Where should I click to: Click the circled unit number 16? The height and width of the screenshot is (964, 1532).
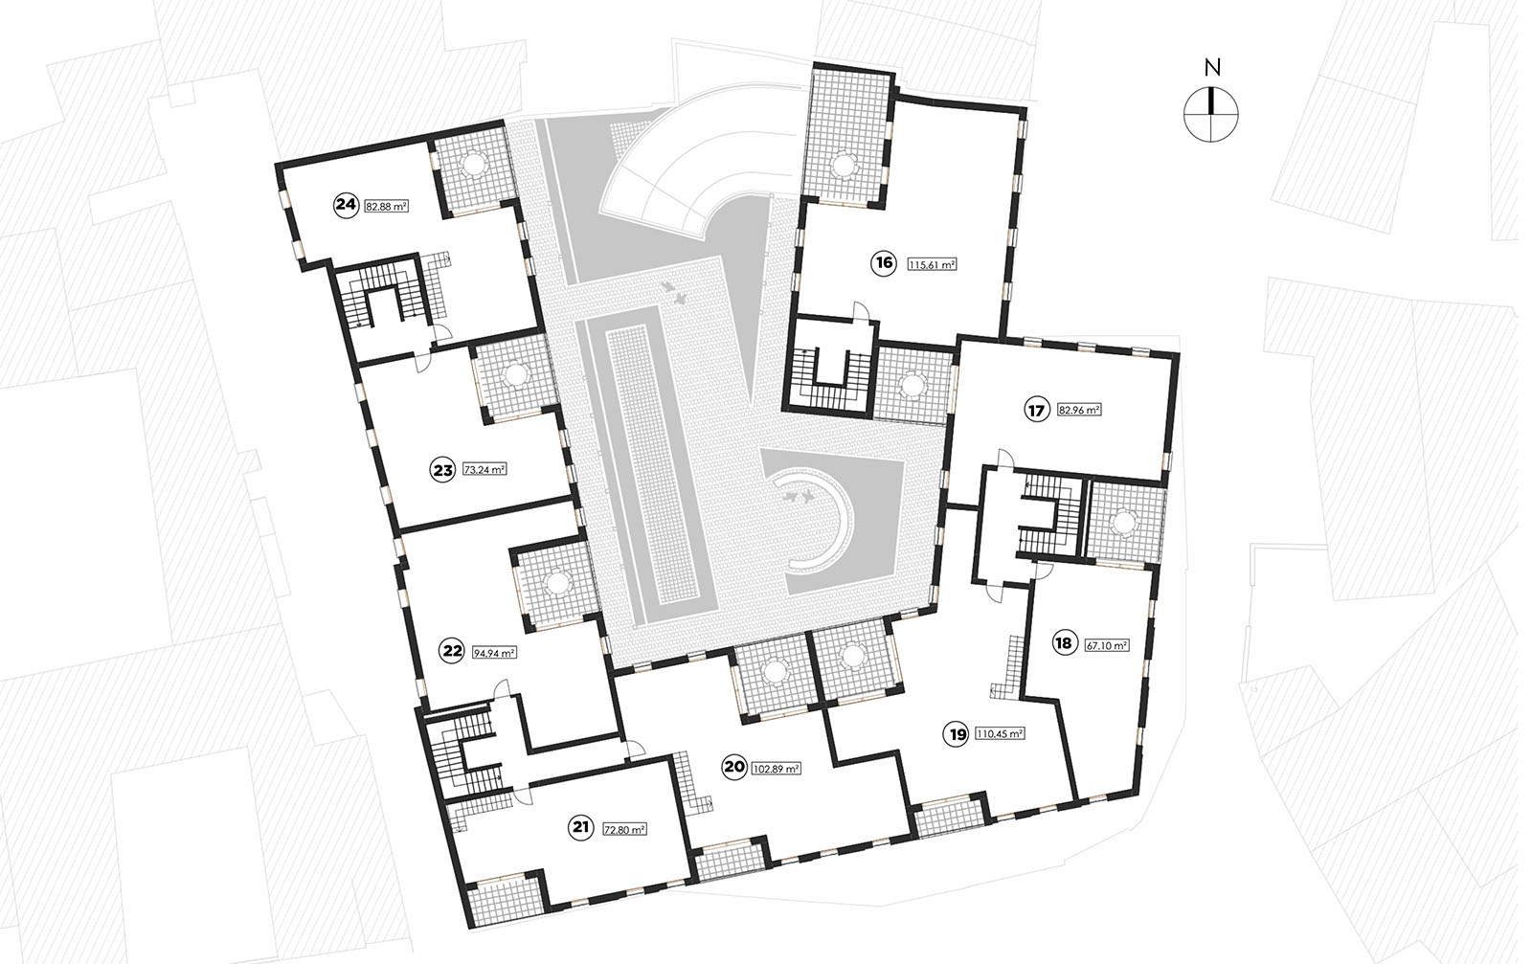885,263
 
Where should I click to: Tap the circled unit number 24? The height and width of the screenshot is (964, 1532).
347,205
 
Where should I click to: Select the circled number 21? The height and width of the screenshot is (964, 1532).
581,828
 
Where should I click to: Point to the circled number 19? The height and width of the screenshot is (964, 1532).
958,735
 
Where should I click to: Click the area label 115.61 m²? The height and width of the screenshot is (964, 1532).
932,264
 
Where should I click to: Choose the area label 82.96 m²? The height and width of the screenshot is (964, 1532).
1079,411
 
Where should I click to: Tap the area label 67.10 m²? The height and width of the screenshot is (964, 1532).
1107,644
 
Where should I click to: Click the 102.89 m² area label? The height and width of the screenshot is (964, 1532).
776,769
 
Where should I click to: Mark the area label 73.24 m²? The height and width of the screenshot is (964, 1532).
484,470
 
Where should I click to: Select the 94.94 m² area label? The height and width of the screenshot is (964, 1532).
494,653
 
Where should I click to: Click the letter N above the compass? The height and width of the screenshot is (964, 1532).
1212,68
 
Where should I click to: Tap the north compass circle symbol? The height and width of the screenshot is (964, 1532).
1210,115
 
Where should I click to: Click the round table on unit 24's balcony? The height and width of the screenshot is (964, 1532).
474,164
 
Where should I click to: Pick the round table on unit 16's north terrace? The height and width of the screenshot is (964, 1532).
845,164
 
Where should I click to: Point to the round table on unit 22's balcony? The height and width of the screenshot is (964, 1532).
558,583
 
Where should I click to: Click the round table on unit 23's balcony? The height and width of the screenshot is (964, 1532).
513,374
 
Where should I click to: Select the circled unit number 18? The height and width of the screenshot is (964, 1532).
1064,643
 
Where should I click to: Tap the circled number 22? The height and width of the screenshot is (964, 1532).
452,651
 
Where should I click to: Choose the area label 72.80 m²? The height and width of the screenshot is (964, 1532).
624,830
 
